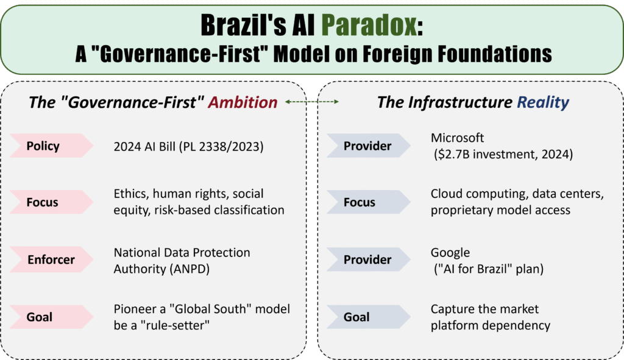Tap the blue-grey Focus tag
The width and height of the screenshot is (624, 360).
tap(360, 202)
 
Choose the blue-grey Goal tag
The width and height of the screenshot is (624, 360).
tap(356, 317)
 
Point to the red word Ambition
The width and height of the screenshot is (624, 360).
tap(243, 102)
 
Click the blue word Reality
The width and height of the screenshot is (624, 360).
tap(543, 102)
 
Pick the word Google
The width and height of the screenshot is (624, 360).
tap(450, 252)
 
